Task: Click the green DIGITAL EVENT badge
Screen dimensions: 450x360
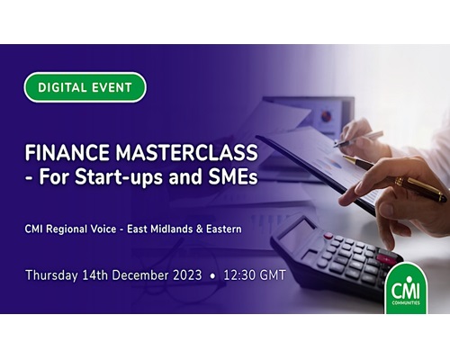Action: tap(85, 87)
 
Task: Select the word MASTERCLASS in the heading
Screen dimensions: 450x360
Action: tap(187, 153)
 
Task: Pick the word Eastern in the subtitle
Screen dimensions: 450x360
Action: tap(224, 229)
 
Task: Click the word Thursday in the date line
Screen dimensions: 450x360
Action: tap(51, 275)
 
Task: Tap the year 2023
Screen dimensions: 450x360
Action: tap(187, 275)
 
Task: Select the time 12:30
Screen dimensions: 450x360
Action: tap(238, 275)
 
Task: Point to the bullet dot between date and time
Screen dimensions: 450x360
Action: tap(212, 276)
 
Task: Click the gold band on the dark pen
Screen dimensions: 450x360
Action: tap(399, 181)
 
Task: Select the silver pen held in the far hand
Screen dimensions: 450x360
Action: tap(358, 139)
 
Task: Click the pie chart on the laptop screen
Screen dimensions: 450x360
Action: tap(327, 115)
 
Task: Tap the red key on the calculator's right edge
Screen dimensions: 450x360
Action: tap(386, 258)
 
